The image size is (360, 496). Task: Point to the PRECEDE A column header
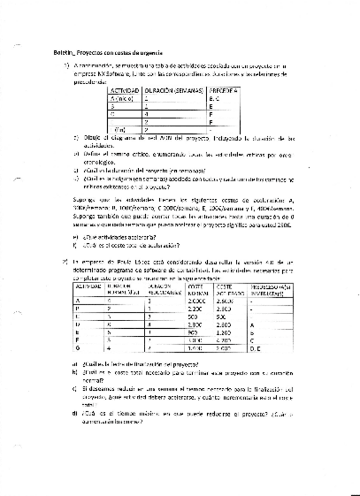tap(223, 91)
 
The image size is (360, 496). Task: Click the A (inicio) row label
tap(122, 99)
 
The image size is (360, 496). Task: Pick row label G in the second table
tap(77, 347)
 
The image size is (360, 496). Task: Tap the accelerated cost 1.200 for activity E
tap(223, 332)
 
